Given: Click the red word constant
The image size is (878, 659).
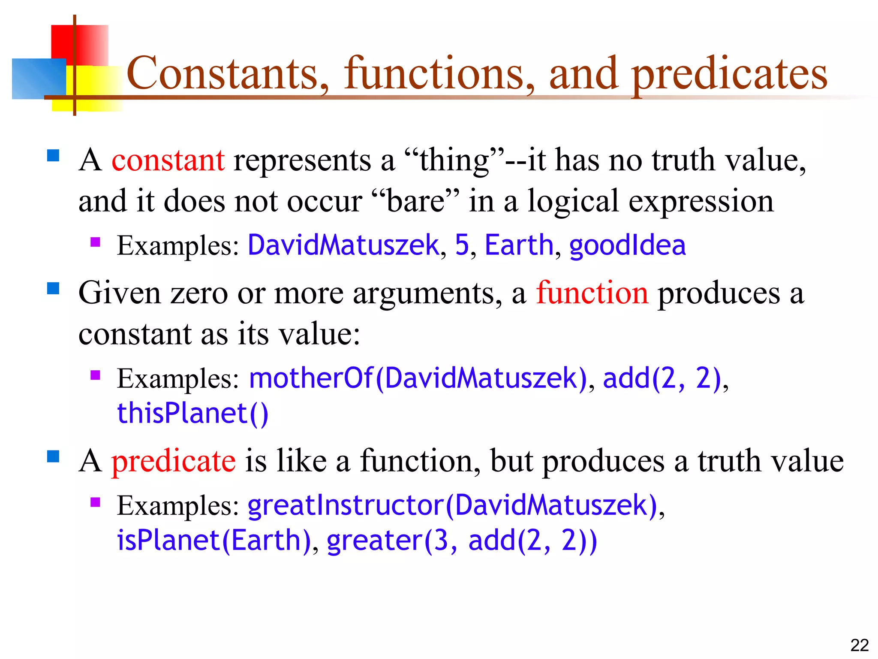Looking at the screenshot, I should click(168, 160).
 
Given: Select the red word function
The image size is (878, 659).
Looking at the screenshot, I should click(592, 293).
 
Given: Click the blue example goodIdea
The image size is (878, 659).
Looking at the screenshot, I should click(627, 245).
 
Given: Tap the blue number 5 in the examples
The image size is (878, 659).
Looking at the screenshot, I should click(462, 245).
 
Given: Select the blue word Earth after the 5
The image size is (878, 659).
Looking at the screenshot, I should click(519, 245).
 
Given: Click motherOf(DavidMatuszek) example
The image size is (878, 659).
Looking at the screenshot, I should click(418, 378).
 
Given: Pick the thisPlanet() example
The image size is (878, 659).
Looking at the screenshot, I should click(192, 414).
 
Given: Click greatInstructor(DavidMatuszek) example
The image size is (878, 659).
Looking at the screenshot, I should click(452, 505).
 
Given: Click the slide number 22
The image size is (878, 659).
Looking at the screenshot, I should click(859, 645).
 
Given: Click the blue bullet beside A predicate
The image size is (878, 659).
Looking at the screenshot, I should click(53, 456).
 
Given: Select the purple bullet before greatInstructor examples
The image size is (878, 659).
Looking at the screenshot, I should click(95, 502).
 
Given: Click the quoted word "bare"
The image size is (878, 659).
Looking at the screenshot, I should click(415, 201).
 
